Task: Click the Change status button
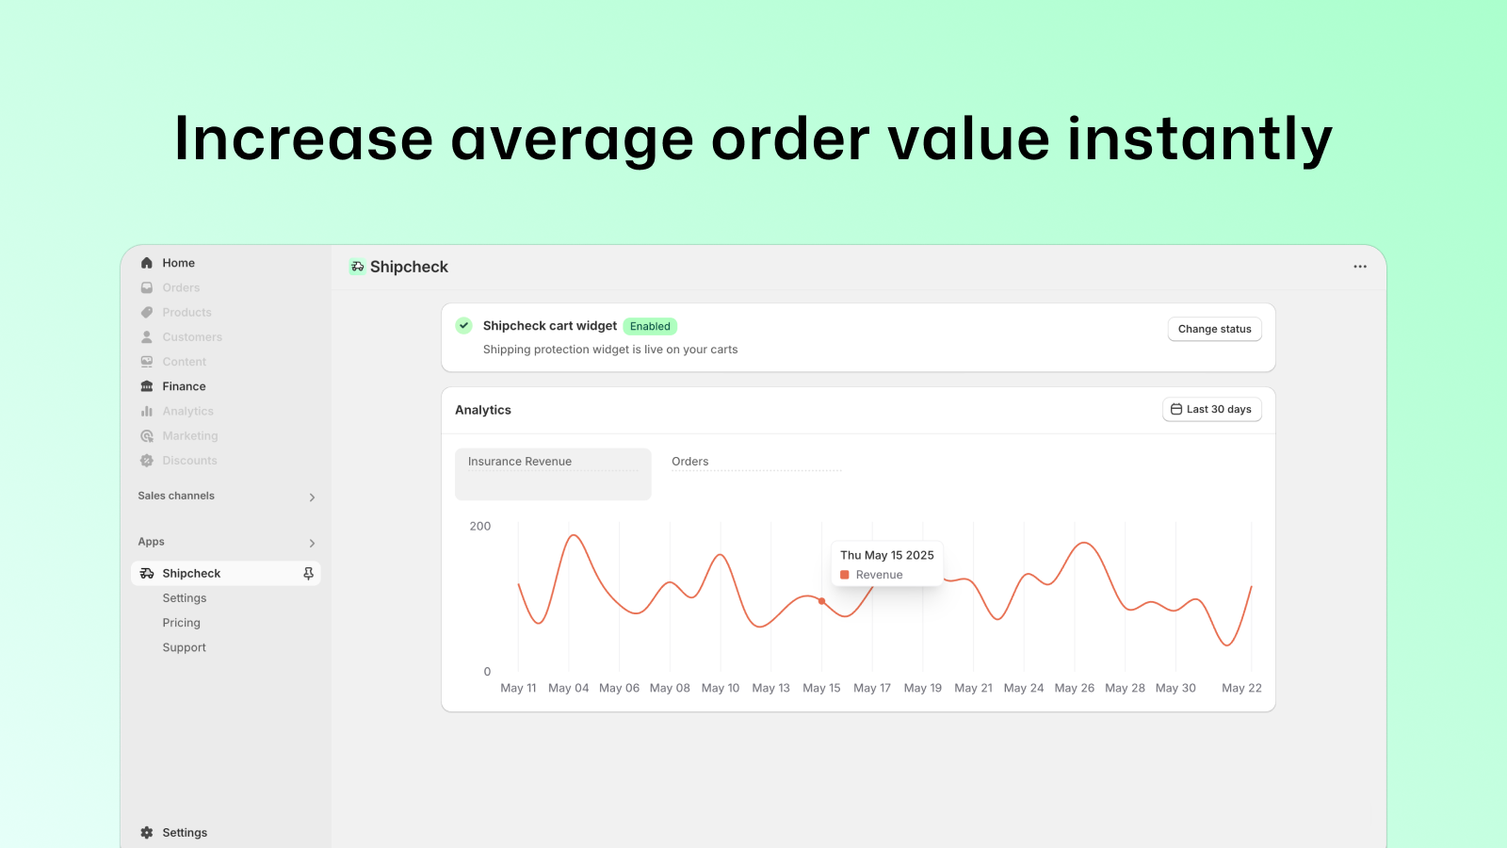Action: click(1214, 329)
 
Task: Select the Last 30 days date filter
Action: click(1211, 409)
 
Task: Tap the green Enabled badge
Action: click(650, 326)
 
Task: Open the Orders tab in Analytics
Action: click(689, 461)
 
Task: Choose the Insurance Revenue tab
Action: click(553, 474)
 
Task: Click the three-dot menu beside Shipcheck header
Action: click(1360, 267)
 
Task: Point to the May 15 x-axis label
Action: click(821, 688)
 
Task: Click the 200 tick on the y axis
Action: click(479, 527)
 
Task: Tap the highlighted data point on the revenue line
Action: click(821, 601)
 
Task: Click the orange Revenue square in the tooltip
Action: click(844, 575)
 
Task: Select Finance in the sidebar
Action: click(184, 386)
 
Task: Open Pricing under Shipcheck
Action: click(181, 623)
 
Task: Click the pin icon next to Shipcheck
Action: click(308, 574)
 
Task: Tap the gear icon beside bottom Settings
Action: click(147, 833)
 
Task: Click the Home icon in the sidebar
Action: click(147, 263)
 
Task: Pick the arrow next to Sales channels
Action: click(312, 497)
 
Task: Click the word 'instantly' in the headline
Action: click(1200, 139)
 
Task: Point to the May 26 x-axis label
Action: click(1075, 688)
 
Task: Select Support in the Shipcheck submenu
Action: click(184, 647)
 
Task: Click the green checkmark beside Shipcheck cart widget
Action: click(463, 326)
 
